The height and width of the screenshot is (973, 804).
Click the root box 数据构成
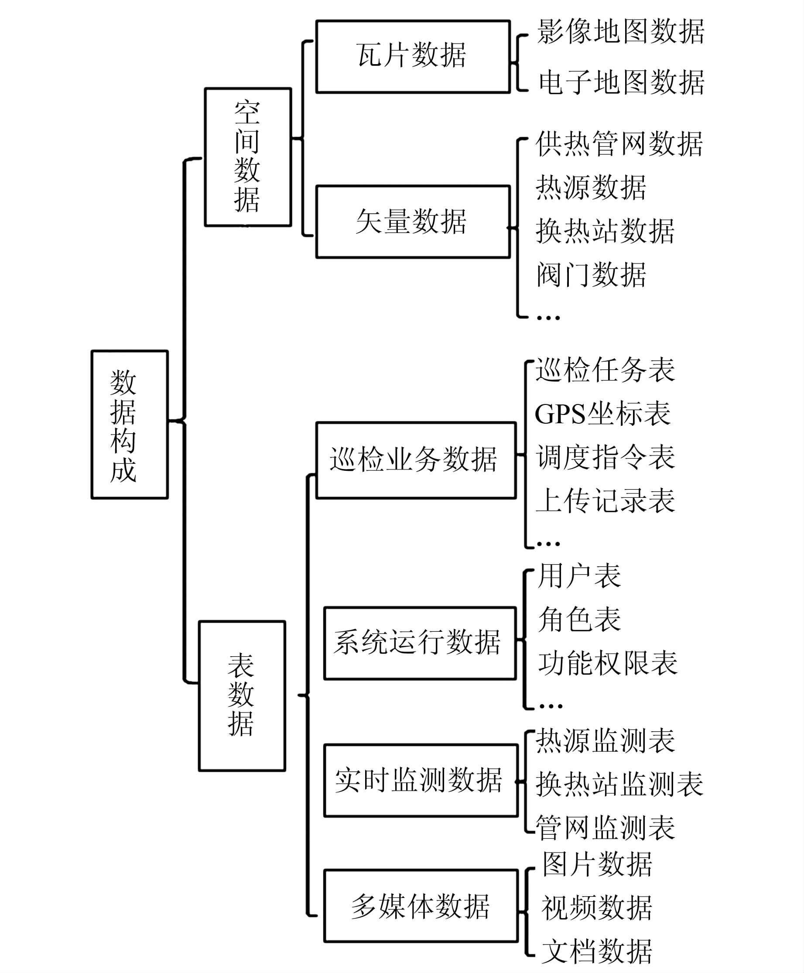point(130,425)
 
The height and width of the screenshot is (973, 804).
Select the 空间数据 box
point(248,157)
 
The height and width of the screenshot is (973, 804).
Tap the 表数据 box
point(242,695)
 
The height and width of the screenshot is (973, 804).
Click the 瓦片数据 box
point(413,56)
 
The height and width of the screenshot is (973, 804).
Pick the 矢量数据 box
point(413,221)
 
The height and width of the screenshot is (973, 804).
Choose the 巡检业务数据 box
point(415,460)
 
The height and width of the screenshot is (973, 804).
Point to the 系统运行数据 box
point(420,643)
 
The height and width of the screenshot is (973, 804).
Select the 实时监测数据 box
point(421,780)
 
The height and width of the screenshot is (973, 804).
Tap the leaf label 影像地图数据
point(621,31)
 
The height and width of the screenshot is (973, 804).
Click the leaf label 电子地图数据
point(621,82)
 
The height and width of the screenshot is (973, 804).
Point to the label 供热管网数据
point(619,144)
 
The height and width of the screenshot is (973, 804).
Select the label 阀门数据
point(591,274)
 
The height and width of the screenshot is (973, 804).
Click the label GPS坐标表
point(602,414)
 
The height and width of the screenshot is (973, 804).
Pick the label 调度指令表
point(606,457)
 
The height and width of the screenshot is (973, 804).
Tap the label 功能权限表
point(608,663)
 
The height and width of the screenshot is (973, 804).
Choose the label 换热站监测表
point(619,784)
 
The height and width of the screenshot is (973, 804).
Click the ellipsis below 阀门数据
point(548,318)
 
